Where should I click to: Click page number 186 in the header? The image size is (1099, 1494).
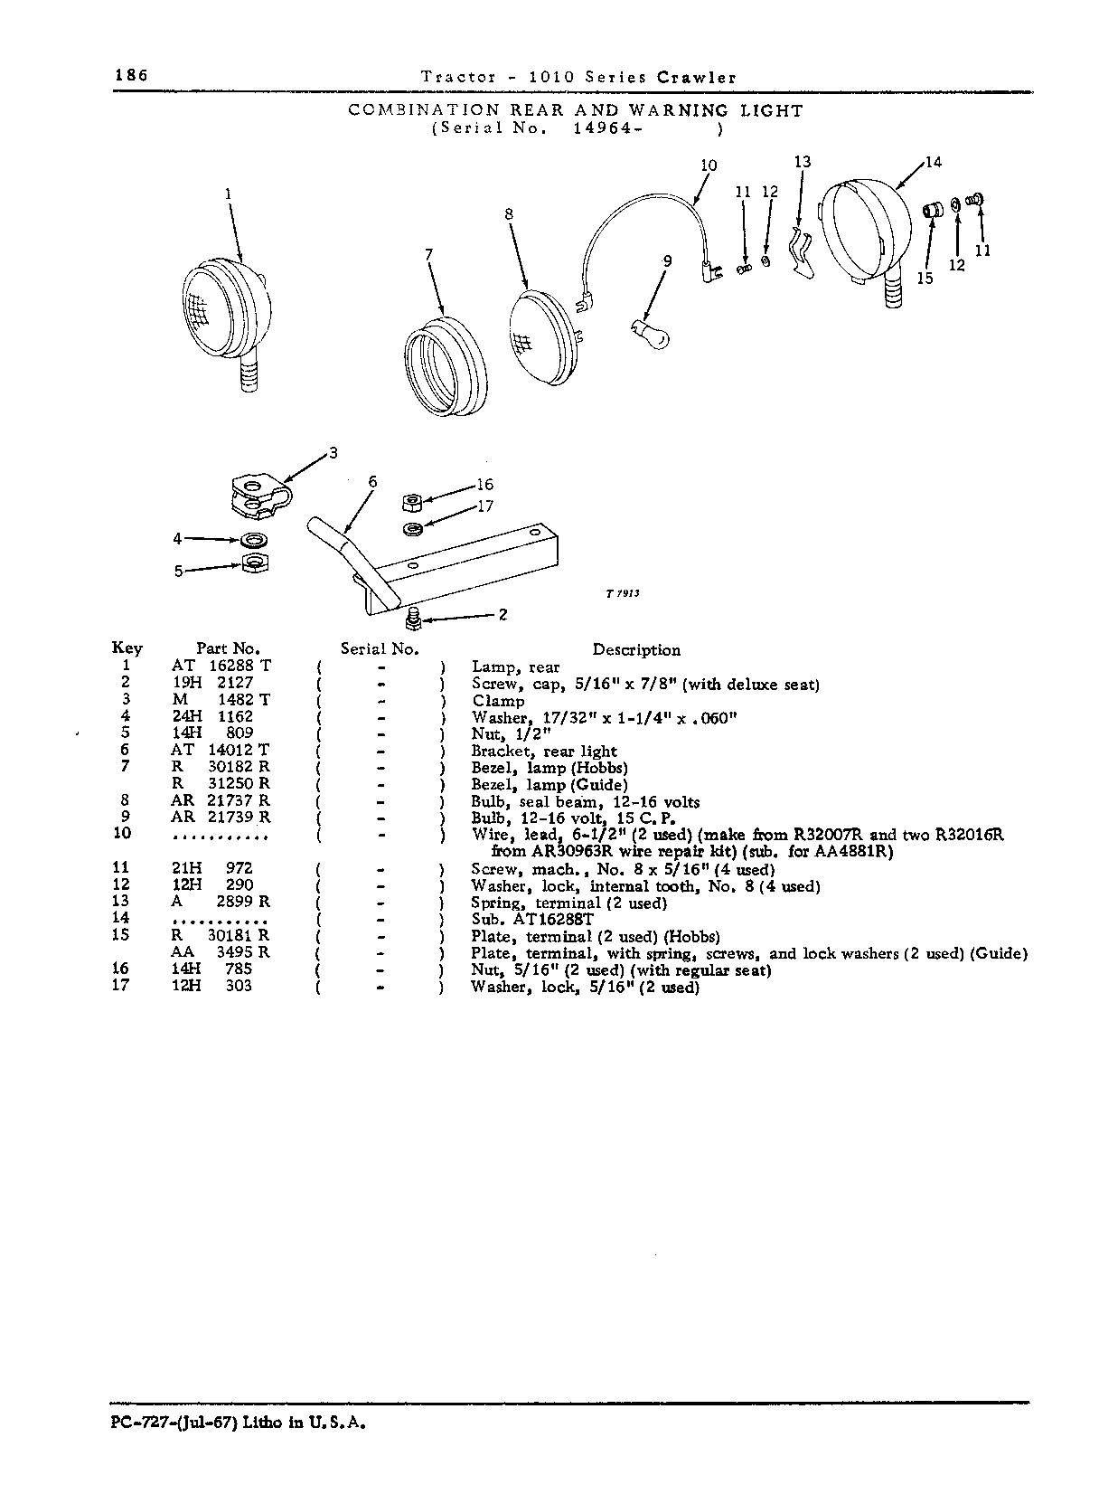(x=131, y=75)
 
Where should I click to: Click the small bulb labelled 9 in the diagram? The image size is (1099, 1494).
(x=650, y=334)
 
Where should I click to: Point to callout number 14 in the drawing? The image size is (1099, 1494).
(x=934, y=162)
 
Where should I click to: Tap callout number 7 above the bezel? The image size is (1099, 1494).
(x=429, y=254)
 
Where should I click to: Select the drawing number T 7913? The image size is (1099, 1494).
(x=623, y=593)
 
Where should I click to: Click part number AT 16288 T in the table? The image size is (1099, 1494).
(x=221, y=666)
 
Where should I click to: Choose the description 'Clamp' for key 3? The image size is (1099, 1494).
(x=498, y=701)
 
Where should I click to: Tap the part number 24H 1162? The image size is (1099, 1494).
(x=212, y=716)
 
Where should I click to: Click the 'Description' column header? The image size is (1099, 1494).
(x=636, y=649)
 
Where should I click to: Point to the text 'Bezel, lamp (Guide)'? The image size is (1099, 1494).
(x=549, y=785)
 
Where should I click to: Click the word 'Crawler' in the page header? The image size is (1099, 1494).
(x=697, y=78)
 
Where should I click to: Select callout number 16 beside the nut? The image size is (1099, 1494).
(x=484, y=484)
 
